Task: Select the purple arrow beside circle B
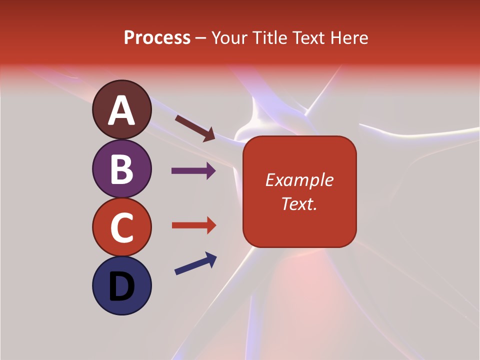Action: click(x=193, y=171)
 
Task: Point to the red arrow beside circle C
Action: click(x=193, y=225)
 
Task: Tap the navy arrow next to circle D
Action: click(x=195, y=263)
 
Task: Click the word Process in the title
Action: click(x=157, y=38)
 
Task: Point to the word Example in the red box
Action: click(x=299, y=180)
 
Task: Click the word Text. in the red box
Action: click(x=299, y=203)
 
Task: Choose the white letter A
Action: click(x=122, y=110)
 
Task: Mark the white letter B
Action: click(x=121, y=168)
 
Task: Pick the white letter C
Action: click(x=121, y=227)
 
